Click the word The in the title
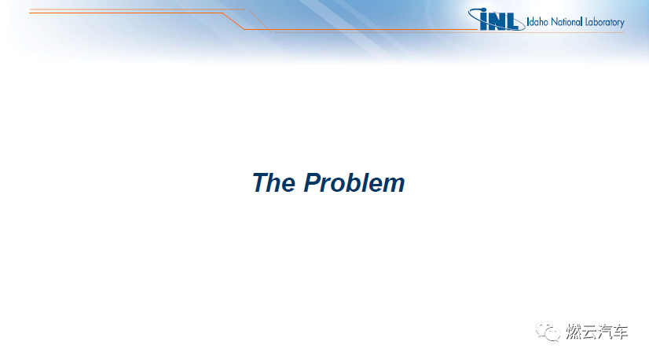(273, 182)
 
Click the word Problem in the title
(354, 182)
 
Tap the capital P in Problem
(313, 182)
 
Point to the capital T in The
(261, 182)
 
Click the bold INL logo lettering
(499, 20)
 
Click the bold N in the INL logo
(497, 21)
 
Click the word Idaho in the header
(537, 22)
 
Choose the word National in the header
(566, 22)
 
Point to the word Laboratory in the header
(605, 22)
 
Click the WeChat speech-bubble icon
(548, 332)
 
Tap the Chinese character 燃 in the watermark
(574, 332)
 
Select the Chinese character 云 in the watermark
(589, 332)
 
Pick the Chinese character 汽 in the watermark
(605, 332)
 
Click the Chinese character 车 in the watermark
(621, 332)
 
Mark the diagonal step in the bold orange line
(233, 21)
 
